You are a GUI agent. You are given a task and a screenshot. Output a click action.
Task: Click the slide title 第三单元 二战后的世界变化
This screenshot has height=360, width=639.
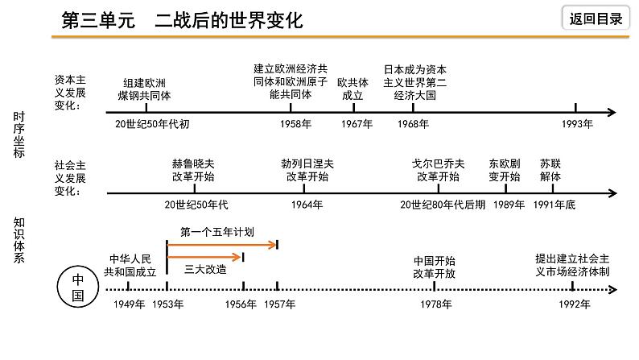[183, 20]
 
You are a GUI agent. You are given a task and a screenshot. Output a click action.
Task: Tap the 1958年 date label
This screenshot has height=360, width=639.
[296, 124]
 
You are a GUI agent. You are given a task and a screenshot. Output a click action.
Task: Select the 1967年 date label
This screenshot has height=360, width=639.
[357, 124]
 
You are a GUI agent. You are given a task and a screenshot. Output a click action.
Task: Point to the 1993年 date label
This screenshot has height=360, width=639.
[576, 124]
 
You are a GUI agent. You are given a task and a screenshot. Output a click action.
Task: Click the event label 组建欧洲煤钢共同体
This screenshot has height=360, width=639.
[145, 89]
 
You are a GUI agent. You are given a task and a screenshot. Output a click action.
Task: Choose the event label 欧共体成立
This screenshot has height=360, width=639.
[352, 89]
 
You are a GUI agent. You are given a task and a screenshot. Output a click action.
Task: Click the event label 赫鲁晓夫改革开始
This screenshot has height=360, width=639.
[193, 169]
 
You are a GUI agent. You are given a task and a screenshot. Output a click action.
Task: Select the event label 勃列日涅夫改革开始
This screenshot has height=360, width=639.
[307, 169]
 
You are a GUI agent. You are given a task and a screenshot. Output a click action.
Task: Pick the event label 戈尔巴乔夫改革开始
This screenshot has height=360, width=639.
[439, 169]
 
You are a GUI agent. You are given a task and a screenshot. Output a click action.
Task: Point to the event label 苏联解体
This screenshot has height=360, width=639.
[550, 169]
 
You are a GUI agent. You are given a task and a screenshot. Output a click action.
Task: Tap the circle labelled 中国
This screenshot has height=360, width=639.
[78, 286]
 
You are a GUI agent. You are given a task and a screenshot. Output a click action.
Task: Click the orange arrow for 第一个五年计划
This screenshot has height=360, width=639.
[222, 243]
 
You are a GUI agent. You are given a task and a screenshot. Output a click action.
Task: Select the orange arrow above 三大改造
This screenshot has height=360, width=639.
[205, 257]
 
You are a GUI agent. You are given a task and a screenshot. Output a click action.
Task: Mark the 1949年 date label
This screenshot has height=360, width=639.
[129, 304]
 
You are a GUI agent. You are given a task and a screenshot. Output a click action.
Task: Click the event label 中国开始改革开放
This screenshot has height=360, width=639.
[435, 267]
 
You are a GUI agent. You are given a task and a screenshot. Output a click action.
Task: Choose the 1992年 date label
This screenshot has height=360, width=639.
[574, 304]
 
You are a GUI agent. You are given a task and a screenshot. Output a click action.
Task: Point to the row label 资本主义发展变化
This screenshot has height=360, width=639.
[70, 93]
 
